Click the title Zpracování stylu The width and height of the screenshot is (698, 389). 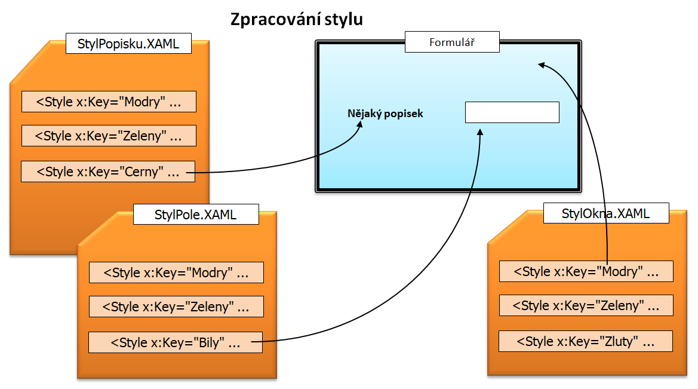pos(297,20)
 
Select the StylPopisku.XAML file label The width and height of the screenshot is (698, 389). pos(128,44)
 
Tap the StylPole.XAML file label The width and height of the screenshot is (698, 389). pos(195,215)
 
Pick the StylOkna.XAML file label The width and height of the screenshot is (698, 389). pos(605,213)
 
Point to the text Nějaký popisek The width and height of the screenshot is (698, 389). pos(385,113)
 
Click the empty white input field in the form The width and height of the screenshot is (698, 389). pos(512,112)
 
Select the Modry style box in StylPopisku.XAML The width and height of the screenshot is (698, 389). pos(109,102)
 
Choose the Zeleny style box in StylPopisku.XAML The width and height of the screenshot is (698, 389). pos(109,136)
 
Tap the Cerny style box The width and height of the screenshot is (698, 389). pos(108,171)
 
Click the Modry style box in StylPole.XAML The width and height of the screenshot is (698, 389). pos(176,272)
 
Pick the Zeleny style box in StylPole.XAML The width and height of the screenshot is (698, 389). pos(176,307)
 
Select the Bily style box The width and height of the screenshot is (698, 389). pos(175,342)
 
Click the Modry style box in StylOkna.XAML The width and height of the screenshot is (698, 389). pos(586,271)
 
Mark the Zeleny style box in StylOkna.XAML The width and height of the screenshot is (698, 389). pos(586,305)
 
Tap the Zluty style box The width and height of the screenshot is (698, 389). pos(586,341)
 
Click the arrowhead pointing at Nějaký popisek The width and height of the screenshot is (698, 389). pos(360,125)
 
